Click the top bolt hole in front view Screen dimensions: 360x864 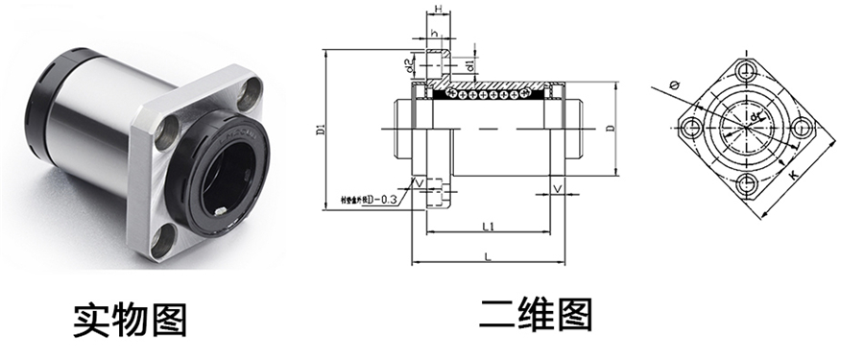pos(744,68)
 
